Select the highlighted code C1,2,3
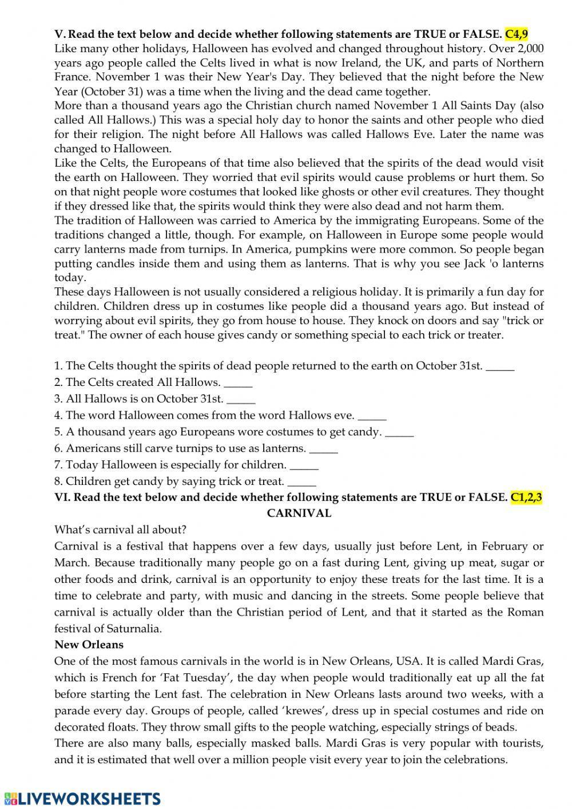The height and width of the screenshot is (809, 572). [526, 497]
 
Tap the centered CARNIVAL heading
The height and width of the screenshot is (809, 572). [299, 513]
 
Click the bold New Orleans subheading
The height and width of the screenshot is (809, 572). [89, 645]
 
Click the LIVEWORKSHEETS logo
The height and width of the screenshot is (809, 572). [82, 798]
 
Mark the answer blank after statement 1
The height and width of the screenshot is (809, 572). [500, 366]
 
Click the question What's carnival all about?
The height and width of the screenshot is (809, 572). [120, 530]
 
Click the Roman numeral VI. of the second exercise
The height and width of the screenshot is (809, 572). [62, 497]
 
